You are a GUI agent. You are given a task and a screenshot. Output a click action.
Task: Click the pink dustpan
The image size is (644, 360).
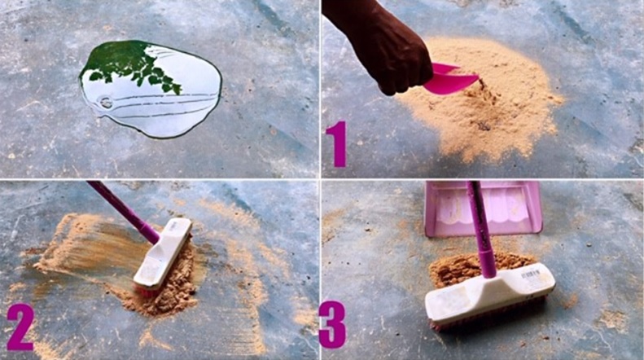pyautogui.click(x=484, y=209)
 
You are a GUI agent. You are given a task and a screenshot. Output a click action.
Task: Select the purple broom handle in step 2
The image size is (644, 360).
pyautogui.click(x=124, y=212)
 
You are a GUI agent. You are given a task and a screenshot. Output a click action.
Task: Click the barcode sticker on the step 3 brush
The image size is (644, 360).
pyautogui.click(x=530, y=274)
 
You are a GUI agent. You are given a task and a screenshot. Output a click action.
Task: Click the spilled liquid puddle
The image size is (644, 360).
pyautogui.click(x=151, y=88)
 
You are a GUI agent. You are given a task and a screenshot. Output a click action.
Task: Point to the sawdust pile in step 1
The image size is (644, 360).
pyautogui.click(x=480, y=99)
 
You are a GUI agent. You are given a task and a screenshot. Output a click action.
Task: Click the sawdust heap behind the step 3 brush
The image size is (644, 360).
pyautogui.click(x=476, y=267)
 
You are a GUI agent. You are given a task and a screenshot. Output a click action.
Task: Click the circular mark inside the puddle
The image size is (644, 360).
pyautogui.click(x=106, y=102)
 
